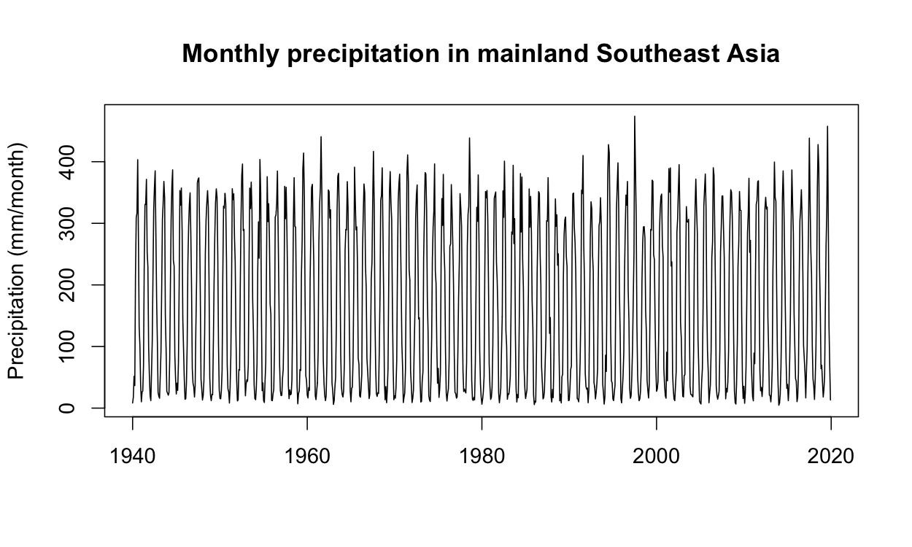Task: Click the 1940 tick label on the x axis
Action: click(x=133, y=457)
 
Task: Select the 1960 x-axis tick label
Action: click(x=307, y=457)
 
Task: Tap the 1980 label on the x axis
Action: click(x=482, y=457)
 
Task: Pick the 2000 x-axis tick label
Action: click(x=657, y=457)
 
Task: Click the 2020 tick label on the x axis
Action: click(x=831, y=457)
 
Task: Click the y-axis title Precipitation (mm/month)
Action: click(x=18, y=261)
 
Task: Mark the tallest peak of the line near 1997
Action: click(x=635, y=117)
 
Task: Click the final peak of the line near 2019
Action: click(x=827, y=127)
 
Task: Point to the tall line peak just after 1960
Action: click(x=321, y=137)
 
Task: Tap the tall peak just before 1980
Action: click(x=469, y=139)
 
